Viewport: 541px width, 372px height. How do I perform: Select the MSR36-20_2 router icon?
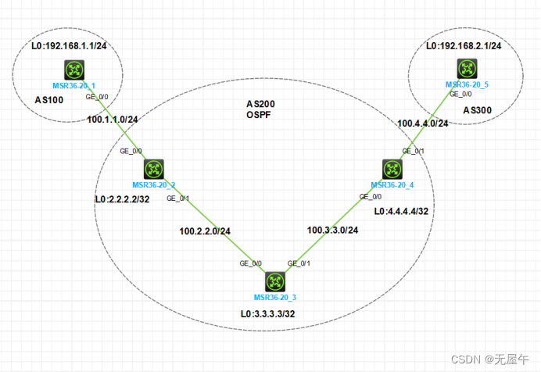pyautogui.click(x=153, y=169)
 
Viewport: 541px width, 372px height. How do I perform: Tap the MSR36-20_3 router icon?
pyautogui.click(x=274, y=282)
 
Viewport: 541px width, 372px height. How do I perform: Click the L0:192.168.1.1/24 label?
pyautogui.click(x=68, y=46)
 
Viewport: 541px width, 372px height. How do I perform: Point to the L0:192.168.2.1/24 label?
pyautogui.click(x=464, y=46)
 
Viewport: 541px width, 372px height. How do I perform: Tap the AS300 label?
pyautogui.click(x=478, y=110)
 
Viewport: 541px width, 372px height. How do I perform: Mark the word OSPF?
pyautogui.click(x=260, y=115)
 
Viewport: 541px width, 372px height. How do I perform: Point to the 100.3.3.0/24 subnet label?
pyautogui.click(x=333, y=230)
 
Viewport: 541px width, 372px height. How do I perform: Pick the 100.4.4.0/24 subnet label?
pyautogui.click(x=423, y=123)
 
